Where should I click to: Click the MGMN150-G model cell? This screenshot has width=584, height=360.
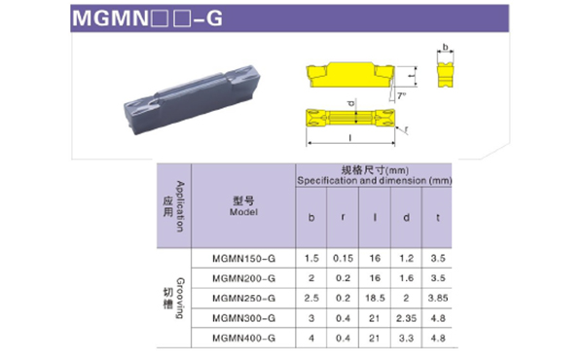[243, 259]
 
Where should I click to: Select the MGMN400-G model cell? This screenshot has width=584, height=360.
[243, 338]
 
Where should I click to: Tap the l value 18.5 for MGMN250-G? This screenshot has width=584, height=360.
[375, 298]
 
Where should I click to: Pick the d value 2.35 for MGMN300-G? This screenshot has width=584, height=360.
[406, 318]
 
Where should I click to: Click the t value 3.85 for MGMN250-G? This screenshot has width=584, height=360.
[438, 298]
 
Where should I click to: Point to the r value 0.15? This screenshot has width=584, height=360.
[343, 259]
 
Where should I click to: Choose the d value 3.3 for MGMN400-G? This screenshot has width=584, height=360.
[406, 338]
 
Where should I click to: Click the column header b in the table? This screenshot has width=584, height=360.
[311, 217]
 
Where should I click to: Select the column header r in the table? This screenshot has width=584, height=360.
[343, 217]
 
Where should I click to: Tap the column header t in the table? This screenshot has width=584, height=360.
[438, 217]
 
